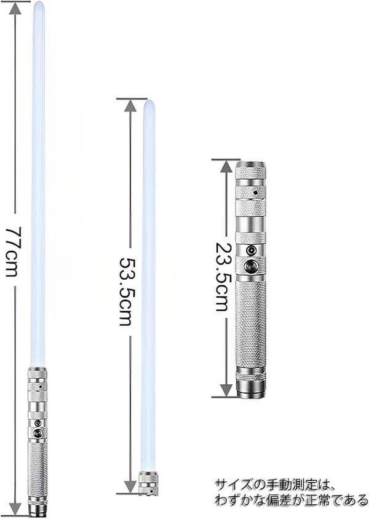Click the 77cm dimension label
(x=14, y=252)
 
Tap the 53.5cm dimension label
(x=126, y=291)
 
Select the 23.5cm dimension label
(x=222, y=276)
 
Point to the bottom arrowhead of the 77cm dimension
(x=15, y=509)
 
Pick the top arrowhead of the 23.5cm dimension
(x=226, y=167)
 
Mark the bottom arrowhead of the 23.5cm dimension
(x=226, y=390)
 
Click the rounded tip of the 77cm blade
(x=38, y=5)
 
